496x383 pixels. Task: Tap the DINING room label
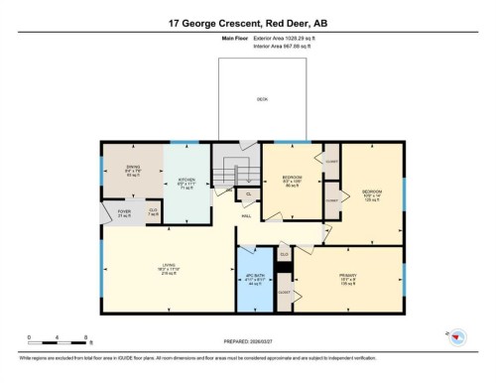click(132, 171)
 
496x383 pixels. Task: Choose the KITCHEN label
click(186, 182)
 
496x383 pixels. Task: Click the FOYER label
click(125, 212)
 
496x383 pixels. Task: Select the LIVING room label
click(170, 266)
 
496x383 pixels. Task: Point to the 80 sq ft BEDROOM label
click(292, 181)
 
